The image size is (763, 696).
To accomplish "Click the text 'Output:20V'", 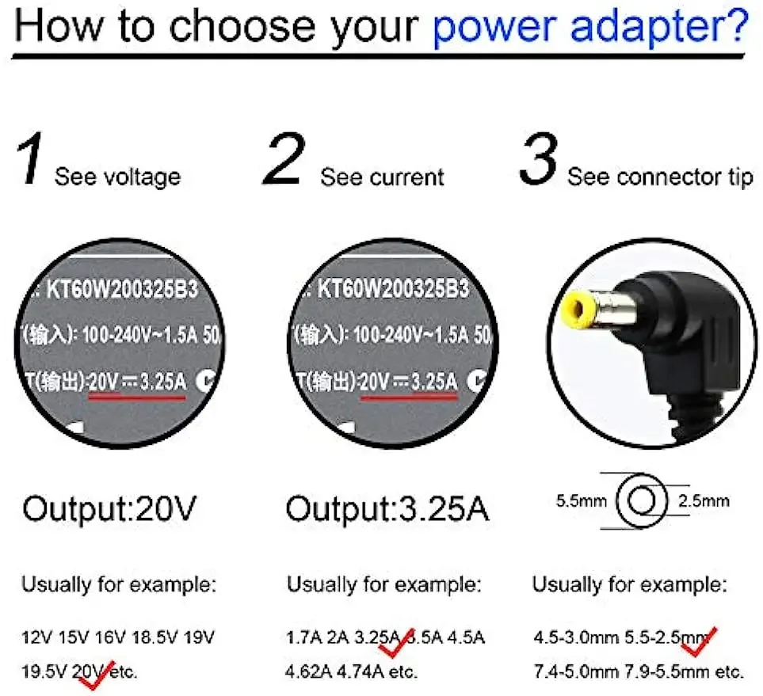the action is coord(109,509).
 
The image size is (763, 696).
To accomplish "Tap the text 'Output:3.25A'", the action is coord(387,509).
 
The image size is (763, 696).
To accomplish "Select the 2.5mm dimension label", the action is coord(704,500).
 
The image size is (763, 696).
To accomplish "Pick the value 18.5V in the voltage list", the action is coord(158,637).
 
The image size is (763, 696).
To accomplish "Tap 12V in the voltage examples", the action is coord(35,637).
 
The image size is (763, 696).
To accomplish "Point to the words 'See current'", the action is coord(382,177).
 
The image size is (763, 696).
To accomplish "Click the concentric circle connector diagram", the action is coord(642,501).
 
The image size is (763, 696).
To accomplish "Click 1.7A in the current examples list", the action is coord(301,637).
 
